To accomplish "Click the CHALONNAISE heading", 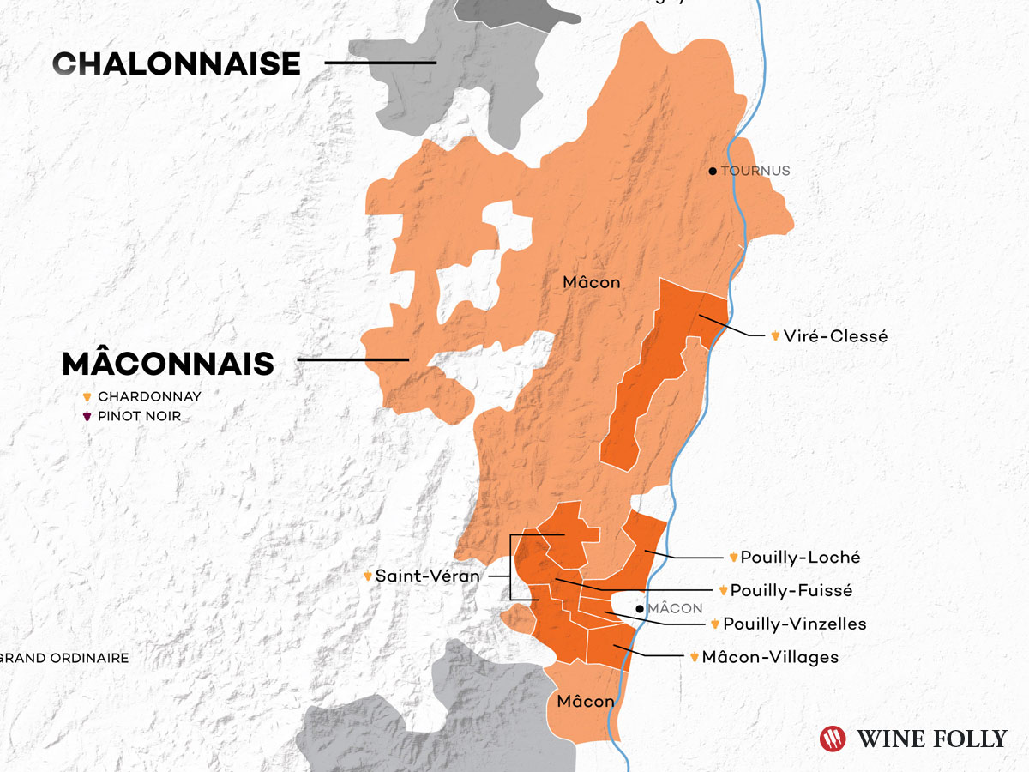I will (x=177, y=63).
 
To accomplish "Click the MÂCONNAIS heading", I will (x=168, y=364).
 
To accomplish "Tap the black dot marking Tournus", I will (x=713, y=172).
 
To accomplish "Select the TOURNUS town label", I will (x=755, y=172).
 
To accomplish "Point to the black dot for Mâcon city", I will (x=640, y=609).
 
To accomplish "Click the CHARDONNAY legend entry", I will (x=149, y=397).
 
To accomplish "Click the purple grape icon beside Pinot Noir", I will (x=87, y=417).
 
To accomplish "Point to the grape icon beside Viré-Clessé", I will (x=775, y=336).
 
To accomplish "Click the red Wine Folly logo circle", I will (x=833, y=739).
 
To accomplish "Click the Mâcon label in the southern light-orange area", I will (x=586, y=702).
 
